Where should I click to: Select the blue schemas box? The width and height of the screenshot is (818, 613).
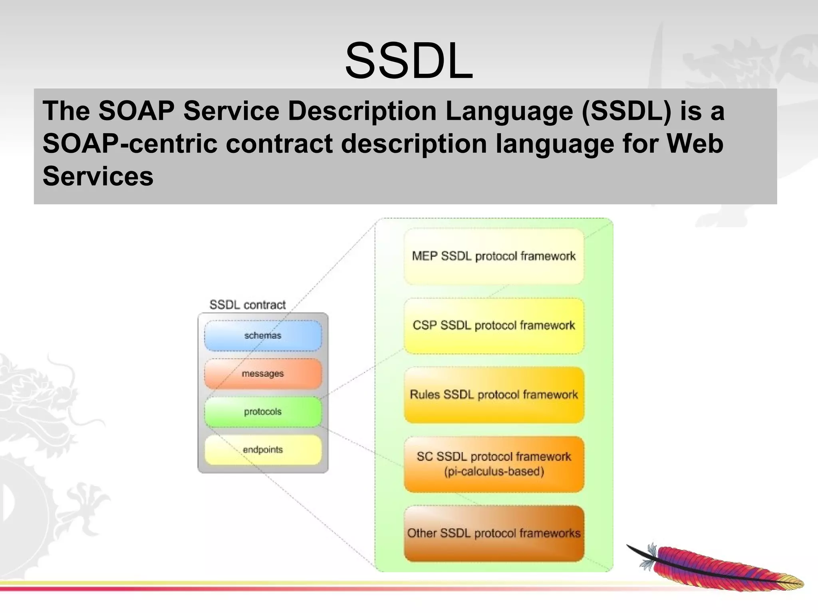263,336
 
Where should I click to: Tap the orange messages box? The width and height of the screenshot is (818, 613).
263,374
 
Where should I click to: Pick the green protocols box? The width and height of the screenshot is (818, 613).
263,412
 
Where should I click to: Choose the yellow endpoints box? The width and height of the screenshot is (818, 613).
263,450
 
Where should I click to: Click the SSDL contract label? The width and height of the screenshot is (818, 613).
247,305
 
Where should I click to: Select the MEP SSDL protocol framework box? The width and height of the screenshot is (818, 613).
494,256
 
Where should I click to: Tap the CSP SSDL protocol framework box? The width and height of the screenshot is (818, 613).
494,326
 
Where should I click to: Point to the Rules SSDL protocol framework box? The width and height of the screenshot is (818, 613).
494,395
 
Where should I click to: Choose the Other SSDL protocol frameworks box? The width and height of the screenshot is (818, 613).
494,533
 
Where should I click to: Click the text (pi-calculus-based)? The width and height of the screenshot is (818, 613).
494,472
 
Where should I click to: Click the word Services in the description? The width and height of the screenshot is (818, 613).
98,176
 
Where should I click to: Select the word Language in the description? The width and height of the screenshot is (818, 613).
509,111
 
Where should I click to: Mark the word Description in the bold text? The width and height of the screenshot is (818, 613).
362,111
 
